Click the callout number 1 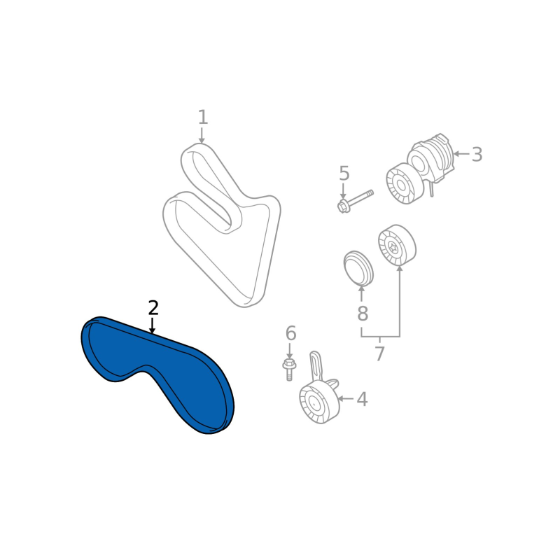(x=203, y=117)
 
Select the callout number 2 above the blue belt (x=153, y=308)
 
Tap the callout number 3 (x=477, y=154)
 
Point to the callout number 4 (x=362, y=399)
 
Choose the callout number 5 (x=344, y=173)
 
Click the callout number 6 (x=290, y=333)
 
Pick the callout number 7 (x=379, y=353)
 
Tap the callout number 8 (x=362, y=314)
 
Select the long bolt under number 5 (x=355, y=201)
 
